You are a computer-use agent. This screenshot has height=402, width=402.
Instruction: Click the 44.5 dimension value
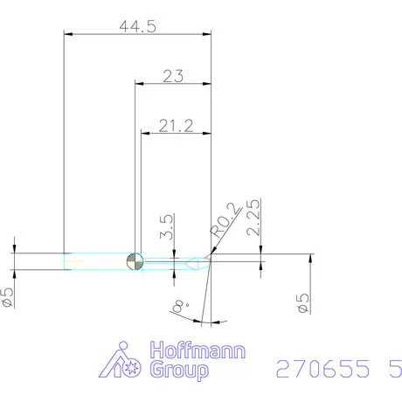point(138,26)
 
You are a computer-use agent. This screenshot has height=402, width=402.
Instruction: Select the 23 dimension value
point(173,77)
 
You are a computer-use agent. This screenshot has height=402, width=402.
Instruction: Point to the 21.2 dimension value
point(176,127)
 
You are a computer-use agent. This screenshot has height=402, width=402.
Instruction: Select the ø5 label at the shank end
point(8,297)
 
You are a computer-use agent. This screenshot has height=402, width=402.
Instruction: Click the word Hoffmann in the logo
point(198,354)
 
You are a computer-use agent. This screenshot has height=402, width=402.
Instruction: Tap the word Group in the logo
point(180,372)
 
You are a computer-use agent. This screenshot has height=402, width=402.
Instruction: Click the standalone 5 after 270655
point(386,369)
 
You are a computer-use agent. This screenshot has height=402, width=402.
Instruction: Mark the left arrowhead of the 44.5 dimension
point(70,34)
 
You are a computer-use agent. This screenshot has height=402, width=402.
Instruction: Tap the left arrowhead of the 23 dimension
point(138,84)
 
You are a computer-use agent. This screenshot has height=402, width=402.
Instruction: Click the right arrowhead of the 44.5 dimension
point(208,34)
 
